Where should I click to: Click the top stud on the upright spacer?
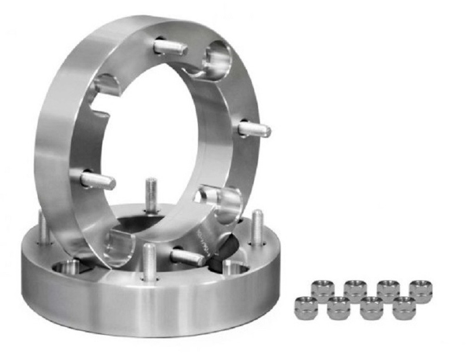170,47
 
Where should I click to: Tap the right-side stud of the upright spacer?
254,129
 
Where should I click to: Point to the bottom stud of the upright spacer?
187,256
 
